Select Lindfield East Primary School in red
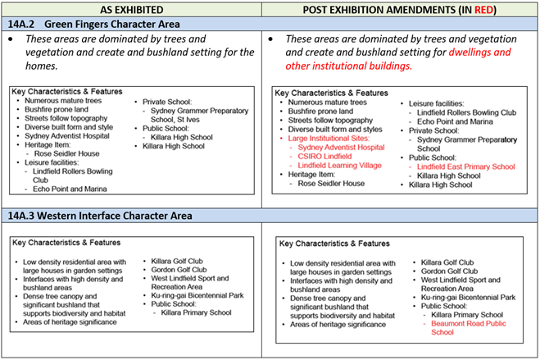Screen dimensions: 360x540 pos(465,166)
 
